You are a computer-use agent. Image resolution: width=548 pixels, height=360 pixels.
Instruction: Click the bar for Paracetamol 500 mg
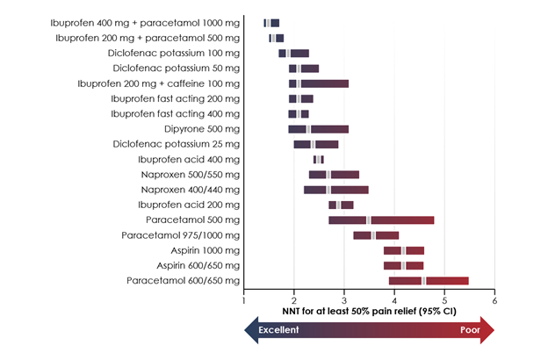click(381, 220)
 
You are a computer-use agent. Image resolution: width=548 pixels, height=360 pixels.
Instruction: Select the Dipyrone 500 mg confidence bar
click(318, 129)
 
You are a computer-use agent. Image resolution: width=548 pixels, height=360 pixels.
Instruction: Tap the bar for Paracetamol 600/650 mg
click(429, 280)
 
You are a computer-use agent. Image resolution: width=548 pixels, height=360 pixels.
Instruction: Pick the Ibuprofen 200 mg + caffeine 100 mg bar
click(318, 83)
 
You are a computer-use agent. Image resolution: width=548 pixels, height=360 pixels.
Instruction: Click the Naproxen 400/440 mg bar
click(336, 190)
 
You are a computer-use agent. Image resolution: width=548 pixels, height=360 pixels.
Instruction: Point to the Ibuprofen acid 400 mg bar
click(318, 159)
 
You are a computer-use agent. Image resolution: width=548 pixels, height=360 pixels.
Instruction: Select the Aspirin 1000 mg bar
click(404, 250)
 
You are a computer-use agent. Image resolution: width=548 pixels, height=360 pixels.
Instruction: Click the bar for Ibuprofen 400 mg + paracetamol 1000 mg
click(271, 23)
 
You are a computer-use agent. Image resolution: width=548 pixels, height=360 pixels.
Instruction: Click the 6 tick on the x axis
click(495, 301)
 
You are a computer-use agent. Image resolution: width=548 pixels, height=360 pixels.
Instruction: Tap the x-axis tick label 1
click(245, 301)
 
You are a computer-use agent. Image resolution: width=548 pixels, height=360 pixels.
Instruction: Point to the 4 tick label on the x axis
click(395, 301)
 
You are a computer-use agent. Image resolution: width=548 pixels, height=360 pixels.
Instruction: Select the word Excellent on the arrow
click(278, 330)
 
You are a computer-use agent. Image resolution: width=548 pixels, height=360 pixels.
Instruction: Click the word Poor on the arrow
click(470, 330)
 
